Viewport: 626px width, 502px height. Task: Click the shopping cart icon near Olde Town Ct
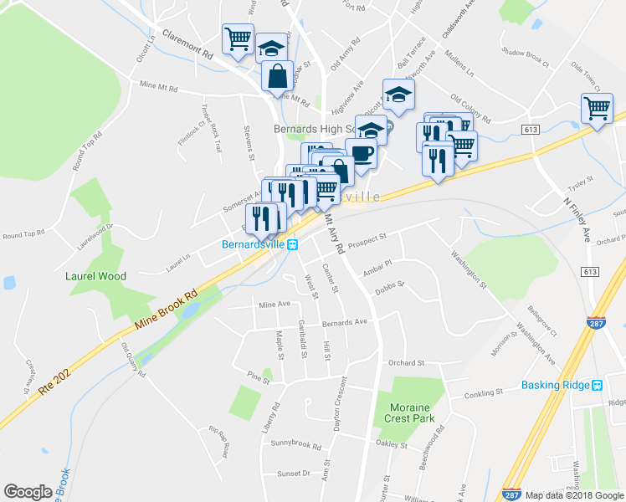coord(597,107)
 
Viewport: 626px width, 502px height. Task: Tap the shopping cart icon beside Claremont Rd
coord(238,38)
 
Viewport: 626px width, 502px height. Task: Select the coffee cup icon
coord(361,153)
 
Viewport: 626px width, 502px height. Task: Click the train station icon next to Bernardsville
coord(293,245)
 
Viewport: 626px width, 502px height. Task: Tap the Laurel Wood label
coord(96,276)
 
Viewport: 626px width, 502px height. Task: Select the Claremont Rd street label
coord(187,45)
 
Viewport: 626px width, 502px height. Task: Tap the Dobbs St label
coord(389,286)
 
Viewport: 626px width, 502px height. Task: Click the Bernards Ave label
coord(345,322)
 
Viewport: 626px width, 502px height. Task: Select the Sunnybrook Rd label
coord(295,446)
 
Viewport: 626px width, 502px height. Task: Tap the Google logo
coord(28,492)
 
